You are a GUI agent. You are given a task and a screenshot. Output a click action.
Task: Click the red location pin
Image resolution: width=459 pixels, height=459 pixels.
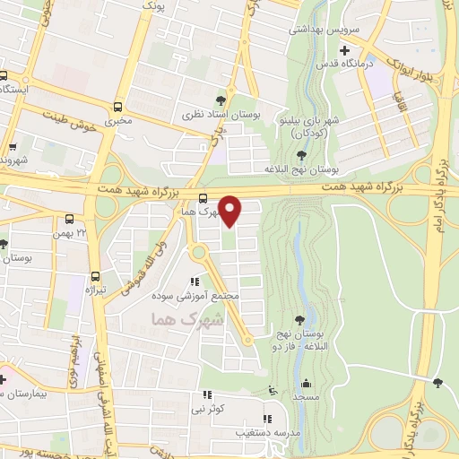tap(230, 210)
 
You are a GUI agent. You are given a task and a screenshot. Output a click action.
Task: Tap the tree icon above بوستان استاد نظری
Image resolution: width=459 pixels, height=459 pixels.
tap(232, 100)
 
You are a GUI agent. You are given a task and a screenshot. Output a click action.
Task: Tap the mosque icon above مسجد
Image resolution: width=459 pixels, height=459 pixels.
tap(307, 381)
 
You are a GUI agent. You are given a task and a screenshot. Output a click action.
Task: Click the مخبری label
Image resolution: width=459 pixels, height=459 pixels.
tap(117, 118)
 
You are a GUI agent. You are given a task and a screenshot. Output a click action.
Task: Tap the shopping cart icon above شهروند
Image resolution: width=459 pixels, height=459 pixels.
tap(12, 147)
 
